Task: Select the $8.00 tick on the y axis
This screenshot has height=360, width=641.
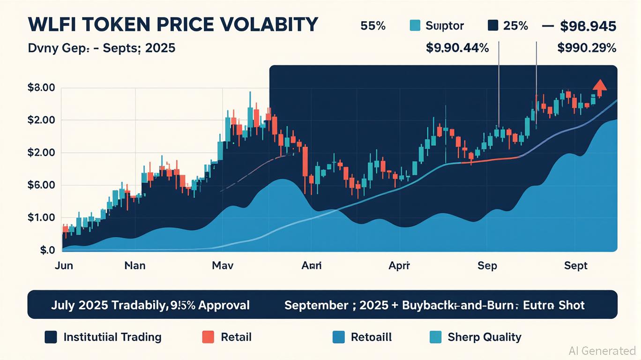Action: click(x=42, y=88)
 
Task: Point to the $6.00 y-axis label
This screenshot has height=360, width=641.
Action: click(x=42, y=185)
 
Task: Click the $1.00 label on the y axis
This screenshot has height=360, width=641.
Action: click(x=42, y=217)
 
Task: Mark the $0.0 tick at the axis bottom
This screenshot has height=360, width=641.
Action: click(x=47, y=250)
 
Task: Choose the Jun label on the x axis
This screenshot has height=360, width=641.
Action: click(x=64, y=266)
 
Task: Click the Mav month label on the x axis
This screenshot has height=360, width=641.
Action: click(x=223, y=266)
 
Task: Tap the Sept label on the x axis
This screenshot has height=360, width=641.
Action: click(x=575, y=266)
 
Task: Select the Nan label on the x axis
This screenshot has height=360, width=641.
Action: click(x=135, y=266)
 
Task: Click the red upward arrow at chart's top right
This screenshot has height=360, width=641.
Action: click(x=599, y=85)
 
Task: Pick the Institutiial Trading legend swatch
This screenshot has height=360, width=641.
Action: click(x=51, y=337)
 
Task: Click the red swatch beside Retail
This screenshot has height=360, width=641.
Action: click(x=208, y=337)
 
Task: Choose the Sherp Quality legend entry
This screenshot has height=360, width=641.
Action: click(x=484, y=337)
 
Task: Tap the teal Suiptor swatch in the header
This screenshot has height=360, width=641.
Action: click(x=415, y=26)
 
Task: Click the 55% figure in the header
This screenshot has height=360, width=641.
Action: click(x=373, y=26)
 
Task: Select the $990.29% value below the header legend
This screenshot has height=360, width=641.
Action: click(x=587, y=48)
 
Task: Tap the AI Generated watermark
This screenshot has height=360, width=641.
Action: click(x=602, y=351)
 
